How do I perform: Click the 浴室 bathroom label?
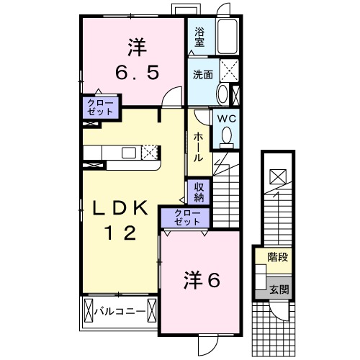click(x=199, y=37)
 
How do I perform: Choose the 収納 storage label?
click(x=199, y=192)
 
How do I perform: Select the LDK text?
click(x=119, y=209)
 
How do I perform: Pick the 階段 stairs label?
click(x=278, y=256)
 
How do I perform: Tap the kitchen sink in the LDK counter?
click(x=129, y=152)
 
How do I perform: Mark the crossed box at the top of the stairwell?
click(x=277, y=176)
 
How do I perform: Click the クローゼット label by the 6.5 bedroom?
click(x=99, y=108)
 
